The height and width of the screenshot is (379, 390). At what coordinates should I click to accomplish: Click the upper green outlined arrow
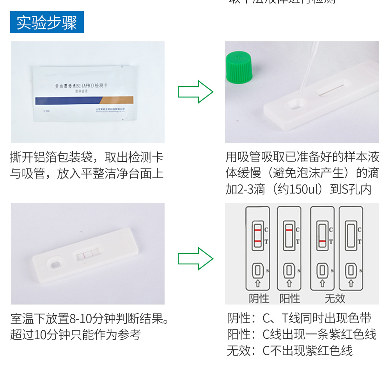pos(195,92)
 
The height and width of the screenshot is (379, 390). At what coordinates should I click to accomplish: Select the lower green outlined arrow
pos(195,259)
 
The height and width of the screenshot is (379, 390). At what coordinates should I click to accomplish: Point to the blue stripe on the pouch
pos(66,101)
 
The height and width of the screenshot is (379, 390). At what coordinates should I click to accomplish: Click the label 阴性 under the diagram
pos(259,299)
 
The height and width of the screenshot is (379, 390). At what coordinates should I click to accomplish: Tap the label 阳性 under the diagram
pos(290,299)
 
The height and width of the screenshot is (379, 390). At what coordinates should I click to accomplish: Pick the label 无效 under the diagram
pos(335,299)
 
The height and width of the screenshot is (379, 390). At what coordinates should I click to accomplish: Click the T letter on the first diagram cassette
pos(266,242)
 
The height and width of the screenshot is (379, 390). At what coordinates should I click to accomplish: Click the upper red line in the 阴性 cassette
pos(257,230)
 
